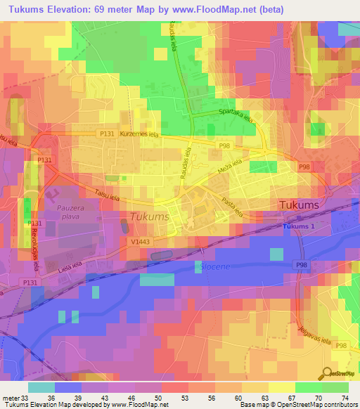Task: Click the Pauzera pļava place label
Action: point(66,213)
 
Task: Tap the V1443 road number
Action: point(139,241)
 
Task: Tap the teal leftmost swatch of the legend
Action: point(41,387)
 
